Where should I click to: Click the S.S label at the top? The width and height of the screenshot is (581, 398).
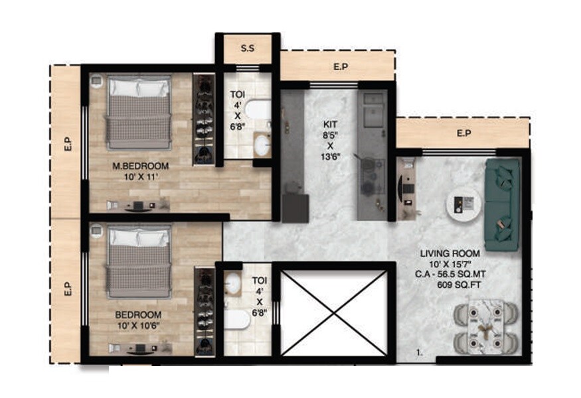point(248,48)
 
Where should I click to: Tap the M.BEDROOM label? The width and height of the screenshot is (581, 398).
point(141,166)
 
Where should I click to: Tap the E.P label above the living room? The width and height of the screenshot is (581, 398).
point(463,133)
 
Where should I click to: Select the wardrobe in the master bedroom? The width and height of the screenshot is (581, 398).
point(204,119)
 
